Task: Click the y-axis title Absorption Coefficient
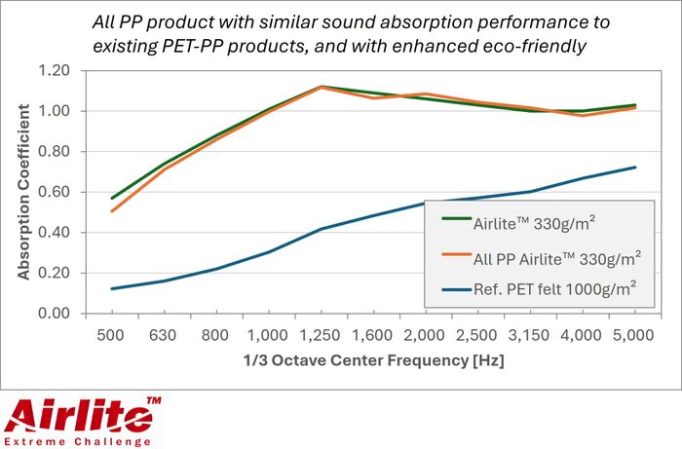coord(23,192)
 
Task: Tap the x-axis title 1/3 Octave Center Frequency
coord(374,361)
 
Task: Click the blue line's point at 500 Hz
coord(112,288)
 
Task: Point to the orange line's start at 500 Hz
coord(112,210)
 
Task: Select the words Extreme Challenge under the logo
coord(80,440)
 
